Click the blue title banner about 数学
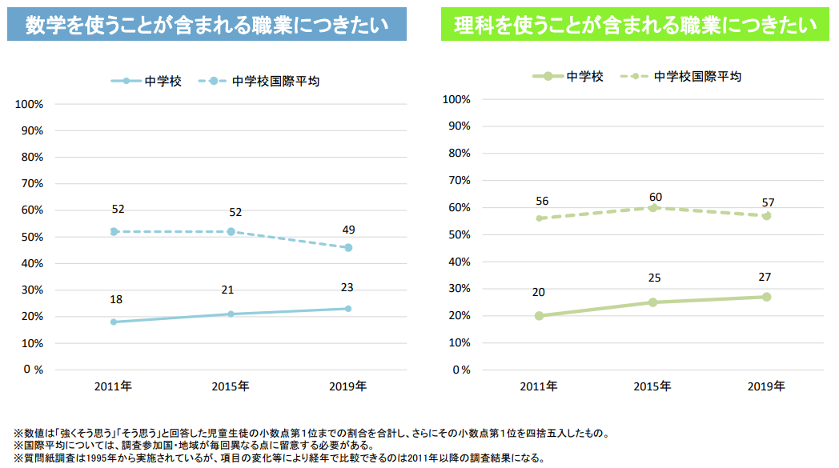207,24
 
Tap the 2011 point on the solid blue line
114,322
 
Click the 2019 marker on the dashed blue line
347,247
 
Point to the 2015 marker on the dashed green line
652,207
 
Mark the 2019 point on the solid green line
766,297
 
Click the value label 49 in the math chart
347,230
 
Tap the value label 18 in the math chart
116,299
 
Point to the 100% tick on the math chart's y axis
29,104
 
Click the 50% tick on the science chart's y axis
456,234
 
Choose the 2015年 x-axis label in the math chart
231,386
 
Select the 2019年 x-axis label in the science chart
766,386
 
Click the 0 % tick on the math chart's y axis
33,370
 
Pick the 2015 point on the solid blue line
231,314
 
